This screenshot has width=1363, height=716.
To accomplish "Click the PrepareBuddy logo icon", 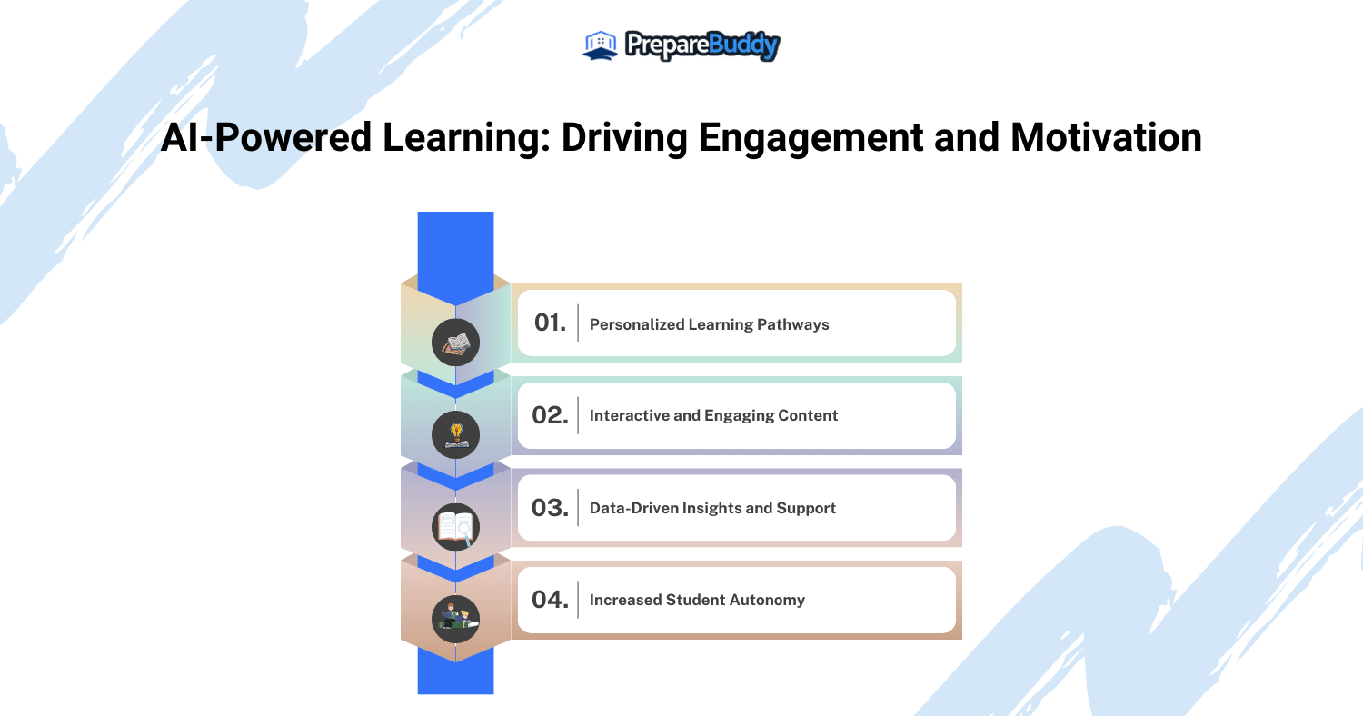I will pos(600,45).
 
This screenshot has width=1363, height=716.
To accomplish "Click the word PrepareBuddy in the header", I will pos(702,45).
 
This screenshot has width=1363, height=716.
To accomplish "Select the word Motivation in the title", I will pos(1106,138).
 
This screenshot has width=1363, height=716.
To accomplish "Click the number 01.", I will pos(550,323).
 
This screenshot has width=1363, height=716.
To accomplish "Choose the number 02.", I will pos(550,415).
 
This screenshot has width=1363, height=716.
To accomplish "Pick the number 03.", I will pos(550,507).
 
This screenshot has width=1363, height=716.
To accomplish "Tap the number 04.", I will pos(550,600).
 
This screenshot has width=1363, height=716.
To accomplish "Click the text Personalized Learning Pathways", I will pos(709,324).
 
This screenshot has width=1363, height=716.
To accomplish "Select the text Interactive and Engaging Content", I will pos(713,415).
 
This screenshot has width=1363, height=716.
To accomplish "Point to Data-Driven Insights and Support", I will pos(712,508).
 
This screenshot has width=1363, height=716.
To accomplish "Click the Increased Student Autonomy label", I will pos(697,600).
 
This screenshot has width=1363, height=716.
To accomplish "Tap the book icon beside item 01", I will pos(455,343).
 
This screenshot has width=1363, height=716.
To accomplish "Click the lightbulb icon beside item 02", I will pos(455,435).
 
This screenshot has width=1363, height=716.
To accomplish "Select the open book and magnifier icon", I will pos(455,527).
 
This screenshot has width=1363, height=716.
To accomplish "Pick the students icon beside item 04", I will pos(455,619).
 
